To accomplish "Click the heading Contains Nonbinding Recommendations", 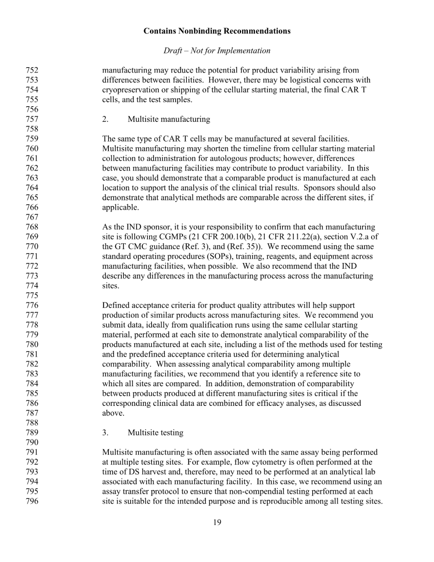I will click(x=217, y=31).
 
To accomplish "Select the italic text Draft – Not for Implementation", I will click(x=217, y=51).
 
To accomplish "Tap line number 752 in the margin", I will click(x=32, y=70).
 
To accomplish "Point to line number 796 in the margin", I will click(x=32, y=501).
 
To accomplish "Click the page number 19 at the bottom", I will click(x=217, y=523).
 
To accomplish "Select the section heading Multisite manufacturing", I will click(x=169, y=119).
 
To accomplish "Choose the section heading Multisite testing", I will click(x=155, y=433).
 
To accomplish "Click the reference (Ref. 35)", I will click(x=249, y=247).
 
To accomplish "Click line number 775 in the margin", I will click(x=32, y=296).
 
